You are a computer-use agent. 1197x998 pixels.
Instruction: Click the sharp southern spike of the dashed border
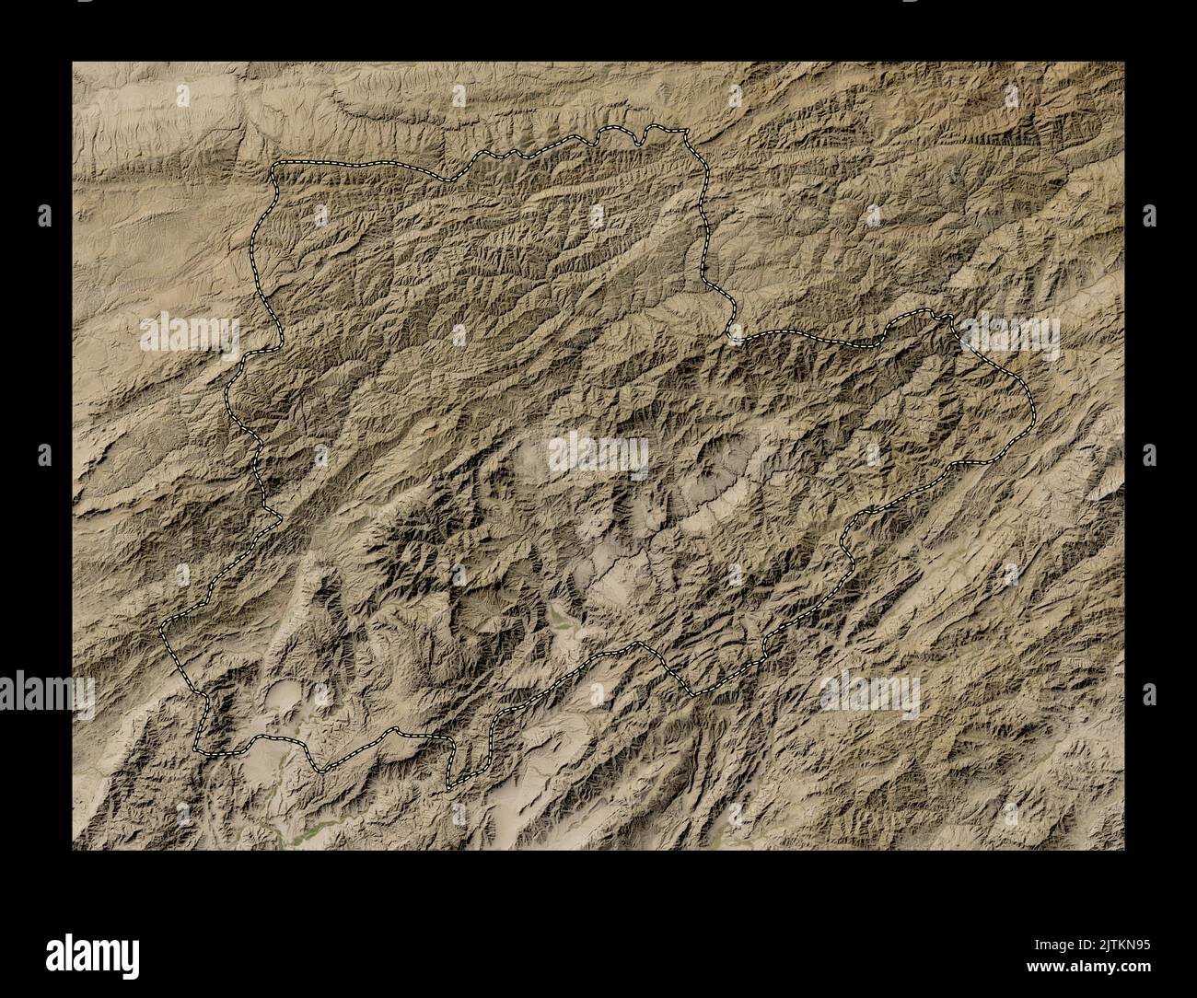(448, 787)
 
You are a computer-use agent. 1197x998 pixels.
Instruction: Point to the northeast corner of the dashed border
(684, 133)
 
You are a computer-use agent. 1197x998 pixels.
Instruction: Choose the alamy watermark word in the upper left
(189, 335)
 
